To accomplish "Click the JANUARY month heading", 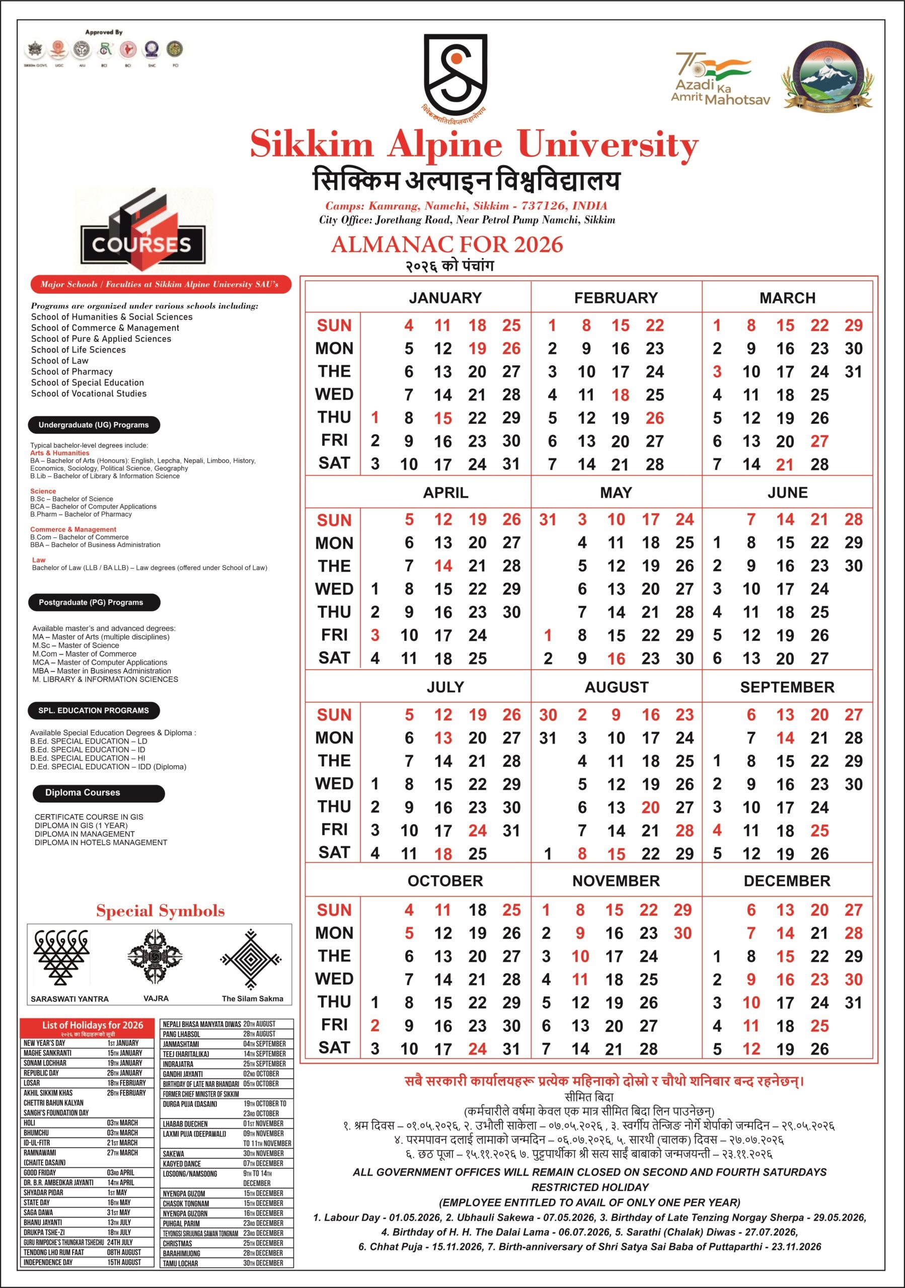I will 445,298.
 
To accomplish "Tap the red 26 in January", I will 511,348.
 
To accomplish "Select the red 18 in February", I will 620,395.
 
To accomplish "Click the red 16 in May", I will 616,659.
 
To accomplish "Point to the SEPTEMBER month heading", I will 787,687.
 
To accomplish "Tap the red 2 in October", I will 375,1025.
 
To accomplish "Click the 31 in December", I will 853,1002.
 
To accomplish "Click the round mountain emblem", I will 827,76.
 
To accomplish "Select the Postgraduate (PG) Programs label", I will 94,602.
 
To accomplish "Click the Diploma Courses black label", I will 97,792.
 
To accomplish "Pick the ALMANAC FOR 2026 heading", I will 446,245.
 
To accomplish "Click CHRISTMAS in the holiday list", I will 177,1244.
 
